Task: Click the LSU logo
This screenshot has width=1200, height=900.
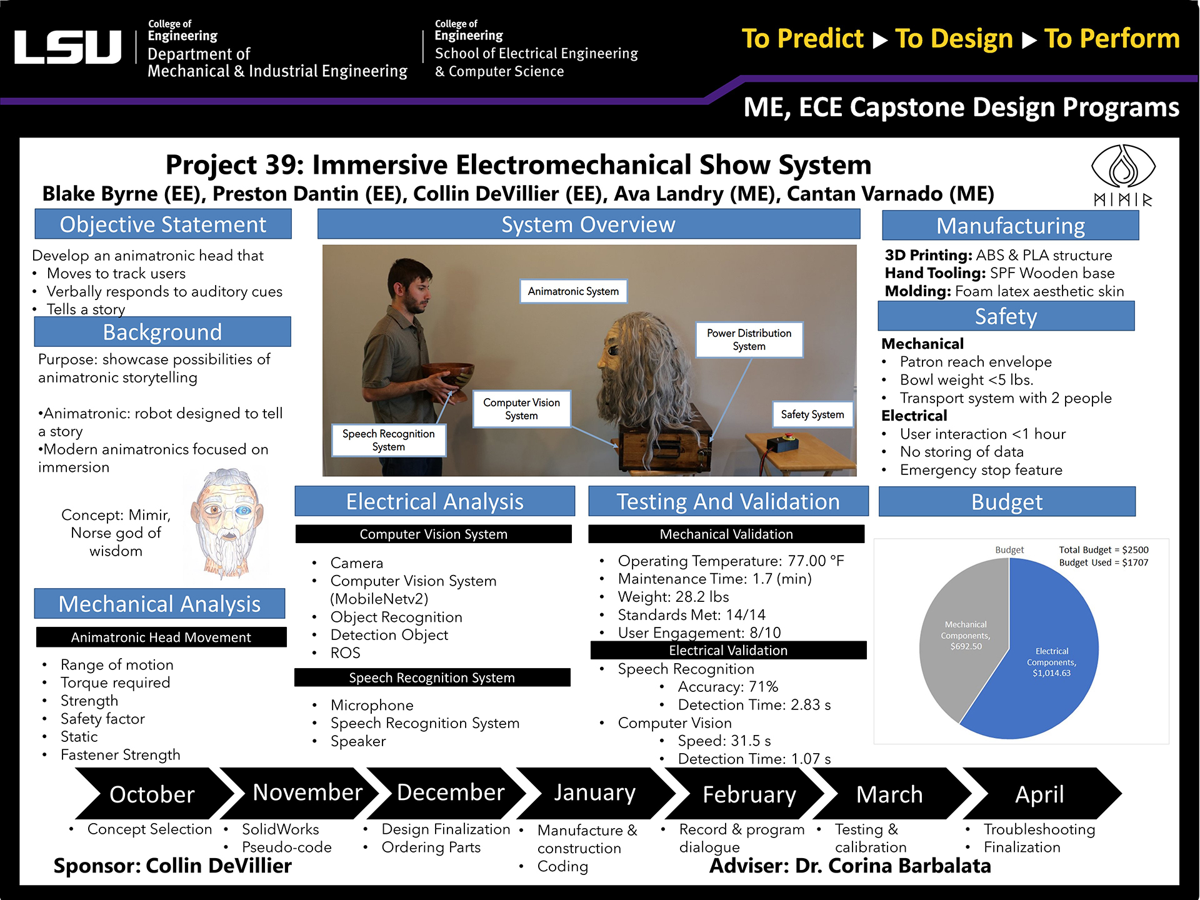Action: (x=67, y=47)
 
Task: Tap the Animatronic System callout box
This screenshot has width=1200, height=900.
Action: (x=573, y=291)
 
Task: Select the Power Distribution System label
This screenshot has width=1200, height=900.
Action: (x=749, y=339)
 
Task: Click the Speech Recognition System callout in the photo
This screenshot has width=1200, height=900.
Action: (x=388, y=440)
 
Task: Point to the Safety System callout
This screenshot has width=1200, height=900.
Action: (x=812, y=414)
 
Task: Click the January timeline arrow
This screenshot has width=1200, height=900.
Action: (x=594, y=793)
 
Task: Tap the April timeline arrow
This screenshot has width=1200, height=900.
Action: (x=1039, y=794)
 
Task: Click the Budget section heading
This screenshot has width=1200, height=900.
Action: (x=1006, y=502)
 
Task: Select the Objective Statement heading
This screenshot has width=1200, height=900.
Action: (x=163, y=224)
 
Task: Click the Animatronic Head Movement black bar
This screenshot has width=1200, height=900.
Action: (x=161, y=637)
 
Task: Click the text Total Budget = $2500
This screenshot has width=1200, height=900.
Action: (x=1103, y=550)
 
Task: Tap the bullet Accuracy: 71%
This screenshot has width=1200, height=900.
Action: (x=727, y=687)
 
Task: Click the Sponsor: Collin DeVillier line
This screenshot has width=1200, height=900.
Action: (x=172, y=866)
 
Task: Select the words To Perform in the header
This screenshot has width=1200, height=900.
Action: (x=1112, y=39)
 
